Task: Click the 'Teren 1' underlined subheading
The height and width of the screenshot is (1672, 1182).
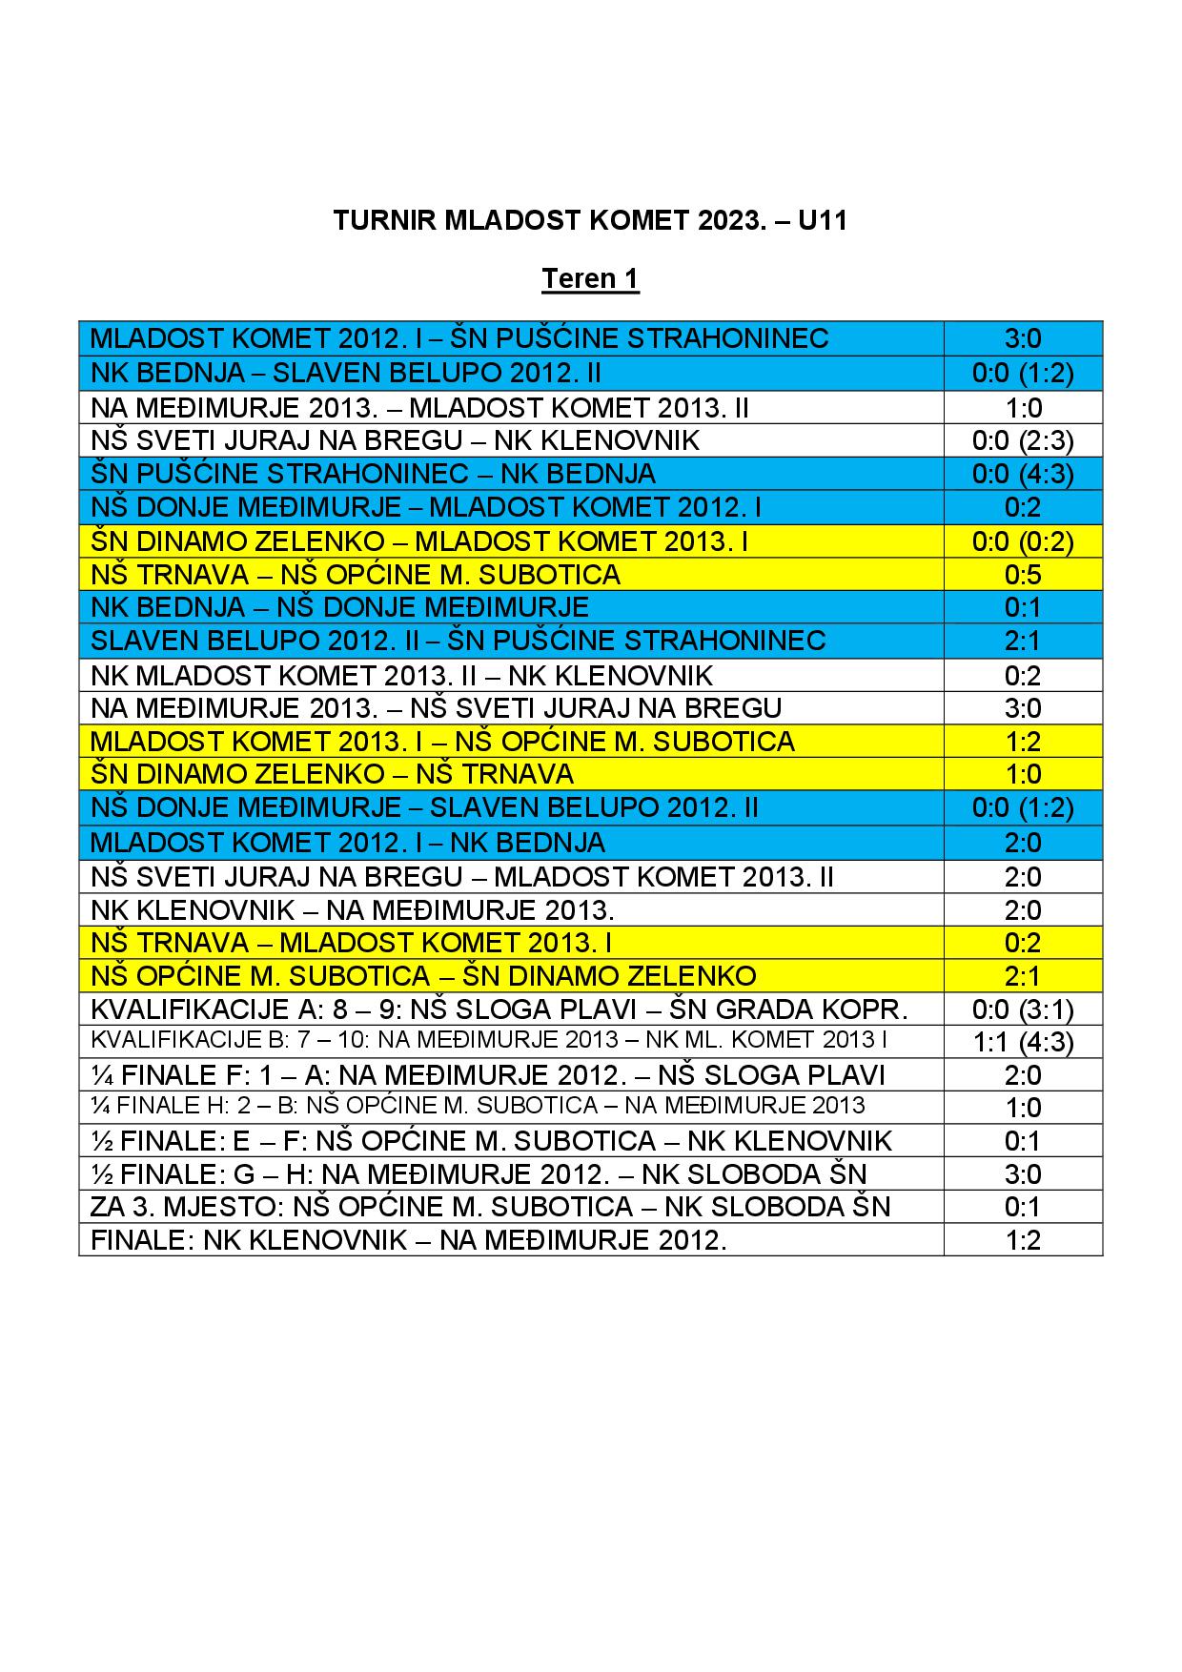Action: click(x=590, y=279)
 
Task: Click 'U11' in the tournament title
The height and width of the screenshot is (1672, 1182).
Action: click(x=823, y=221)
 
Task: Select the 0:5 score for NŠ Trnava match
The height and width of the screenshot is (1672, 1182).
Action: click(x=1023, y=575)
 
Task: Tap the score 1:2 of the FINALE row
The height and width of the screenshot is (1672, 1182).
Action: click(x=1023, y=1240)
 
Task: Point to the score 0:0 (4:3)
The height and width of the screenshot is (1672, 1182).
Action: click(x=1023, y=474)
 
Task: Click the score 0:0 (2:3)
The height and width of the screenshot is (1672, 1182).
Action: click(x=1023, y=440)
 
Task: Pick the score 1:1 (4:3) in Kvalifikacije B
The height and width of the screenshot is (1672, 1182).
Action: click(x=1023, y=1042)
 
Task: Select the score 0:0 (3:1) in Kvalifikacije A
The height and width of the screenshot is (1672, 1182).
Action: click(x=1023, y=1009)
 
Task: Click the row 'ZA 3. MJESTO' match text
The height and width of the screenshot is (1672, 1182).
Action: click(x=490, y=1207)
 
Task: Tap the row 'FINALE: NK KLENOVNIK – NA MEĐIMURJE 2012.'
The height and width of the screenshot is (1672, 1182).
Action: click(x=408, y=1240)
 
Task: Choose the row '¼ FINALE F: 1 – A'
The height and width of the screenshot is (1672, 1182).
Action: click(x=487, y=1075)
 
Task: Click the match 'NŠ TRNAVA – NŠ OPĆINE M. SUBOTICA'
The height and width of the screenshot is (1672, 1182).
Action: click(x=355, y=575)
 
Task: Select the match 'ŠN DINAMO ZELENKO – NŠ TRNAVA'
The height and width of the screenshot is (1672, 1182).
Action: click(x=332, y=773)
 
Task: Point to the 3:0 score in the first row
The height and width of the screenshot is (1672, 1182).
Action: click(x=1023, y=338)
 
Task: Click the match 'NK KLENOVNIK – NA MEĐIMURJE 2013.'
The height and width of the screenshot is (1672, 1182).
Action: click(x=352, y=909)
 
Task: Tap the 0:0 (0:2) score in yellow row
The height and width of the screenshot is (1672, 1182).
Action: click(x=1023, y=541)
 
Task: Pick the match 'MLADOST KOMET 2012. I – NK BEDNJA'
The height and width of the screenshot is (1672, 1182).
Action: click(x=347, y=843)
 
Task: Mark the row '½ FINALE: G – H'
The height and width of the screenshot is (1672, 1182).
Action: click(x=479, y=1173)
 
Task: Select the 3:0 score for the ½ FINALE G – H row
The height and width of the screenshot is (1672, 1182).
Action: click(x=1023, y=1173)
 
